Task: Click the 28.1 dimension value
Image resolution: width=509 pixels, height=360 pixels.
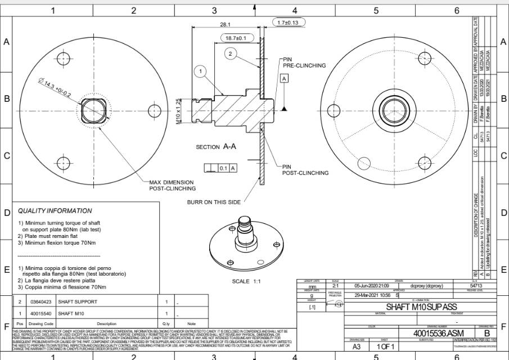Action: coord(225,25)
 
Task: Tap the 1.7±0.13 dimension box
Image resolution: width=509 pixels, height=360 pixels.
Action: coord(289,22)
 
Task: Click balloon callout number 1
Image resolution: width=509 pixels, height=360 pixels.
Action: coord(201,71)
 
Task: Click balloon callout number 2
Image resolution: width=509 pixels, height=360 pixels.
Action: coord(230,54)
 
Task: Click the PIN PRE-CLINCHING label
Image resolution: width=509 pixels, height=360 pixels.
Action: coord(304,62)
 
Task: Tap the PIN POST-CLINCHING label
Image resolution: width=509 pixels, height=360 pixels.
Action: coord(305,170)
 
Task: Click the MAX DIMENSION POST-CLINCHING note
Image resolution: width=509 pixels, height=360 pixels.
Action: coord(172,186)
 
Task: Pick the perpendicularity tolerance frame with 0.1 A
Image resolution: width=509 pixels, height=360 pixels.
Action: coord(220,168)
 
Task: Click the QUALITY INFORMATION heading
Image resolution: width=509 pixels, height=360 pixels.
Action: coord(55,211)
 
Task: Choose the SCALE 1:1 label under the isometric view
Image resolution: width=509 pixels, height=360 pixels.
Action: coord(248,281)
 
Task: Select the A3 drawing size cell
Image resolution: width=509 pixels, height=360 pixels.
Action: coord(357,347)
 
